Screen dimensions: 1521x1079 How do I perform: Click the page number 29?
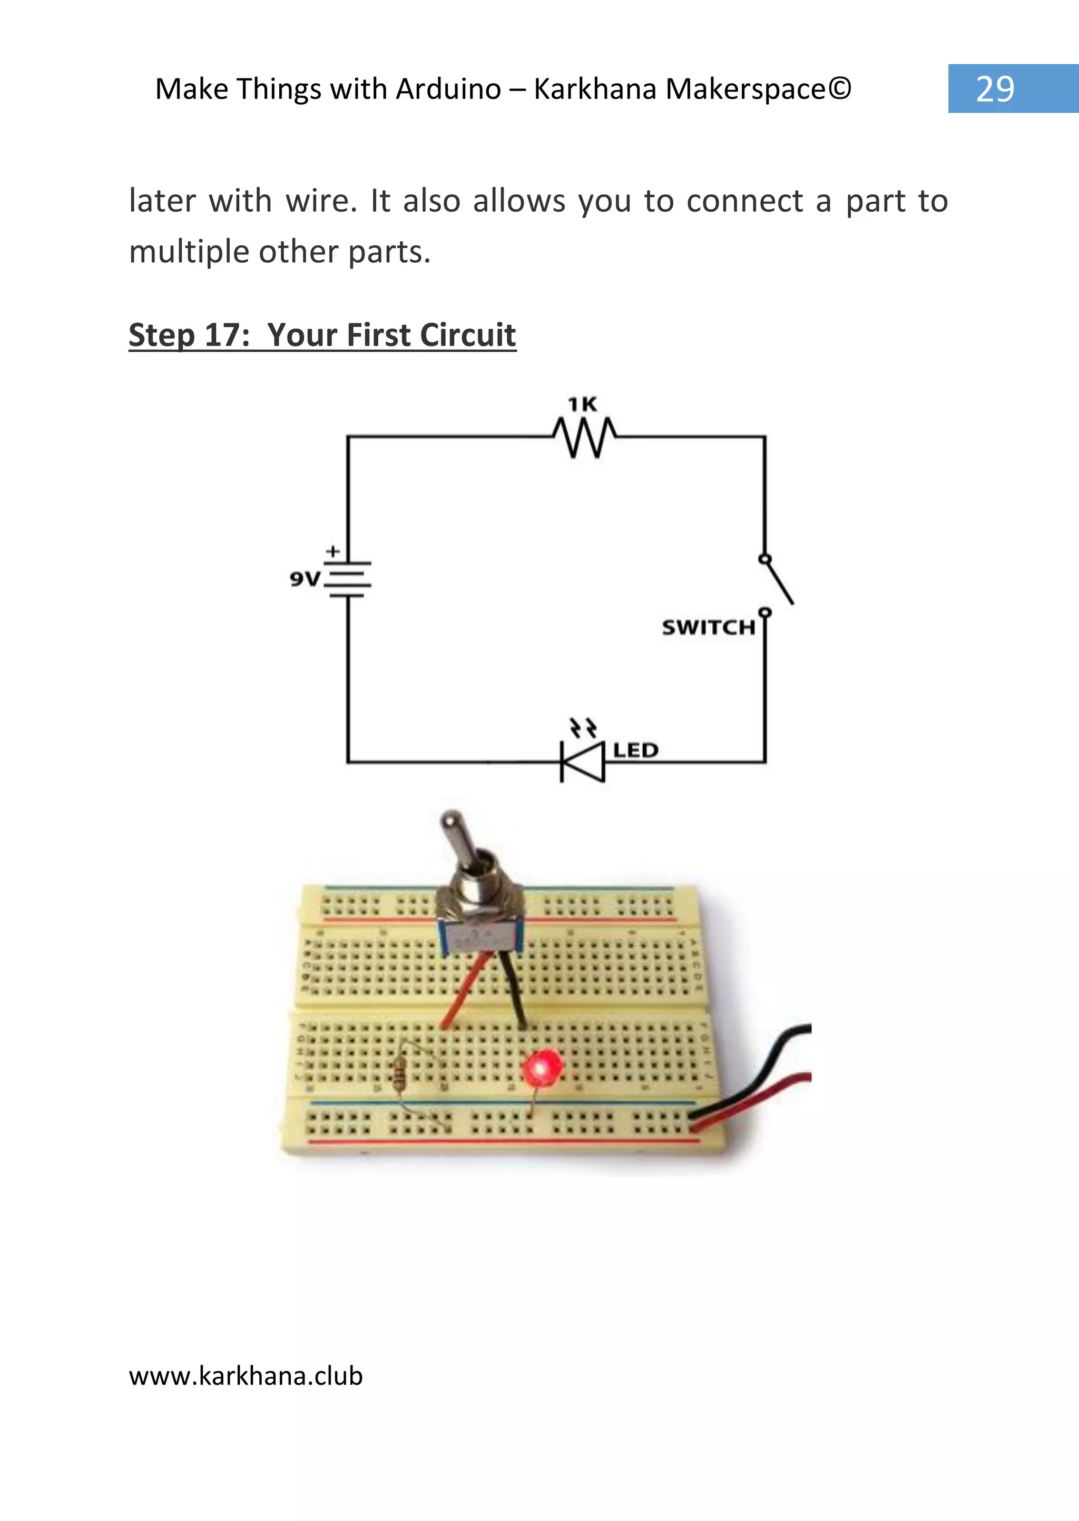(x=995, y=89)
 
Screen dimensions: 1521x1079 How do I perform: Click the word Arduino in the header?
(x=448, y=89)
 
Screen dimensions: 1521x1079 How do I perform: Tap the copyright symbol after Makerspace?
(x=840, y=88)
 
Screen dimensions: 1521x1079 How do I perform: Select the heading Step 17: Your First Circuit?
(x=322, y=335)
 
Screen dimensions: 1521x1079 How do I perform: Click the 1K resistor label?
(x=582, y=404)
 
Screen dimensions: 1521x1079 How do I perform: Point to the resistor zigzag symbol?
(x=584, y=437)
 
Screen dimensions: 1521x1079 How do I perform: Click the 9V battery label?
(x=305, y=579)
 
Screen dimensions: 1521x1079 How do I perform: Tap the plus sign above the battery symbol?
(x=333, y=551)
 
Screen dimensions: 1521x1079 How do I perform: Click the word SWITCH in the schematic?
(x=708, y=627)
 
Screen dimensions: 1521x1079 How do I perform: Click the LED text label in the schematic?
(x=635, y=750)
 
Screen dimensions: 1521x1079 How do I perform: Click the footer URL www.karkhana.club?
(x=246, y=1375)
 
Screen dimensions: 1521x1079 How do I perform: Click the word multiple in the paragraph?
(x=189, y=252)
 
